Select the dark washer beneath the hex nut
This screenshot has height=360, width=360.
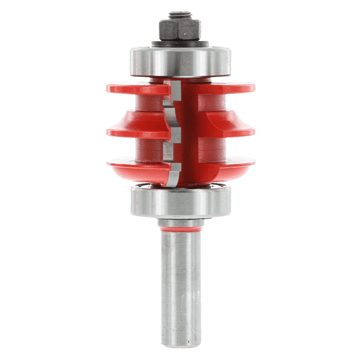click(x=179, y=42)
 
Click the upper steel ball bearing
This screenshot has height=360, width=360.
click(x=179, y=61)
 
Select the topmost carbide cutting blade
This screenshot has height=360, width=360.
click(x=173, y=91)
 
